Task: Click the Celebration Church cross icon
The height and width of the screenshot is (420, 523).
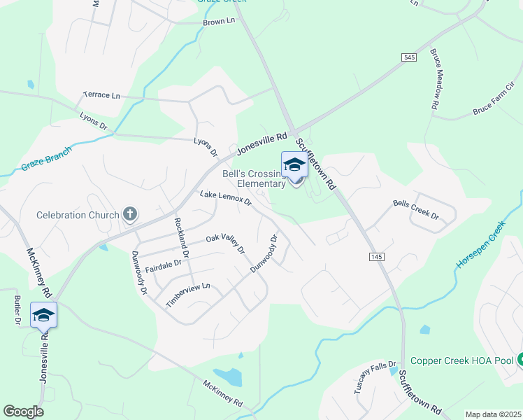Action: coord(129,214)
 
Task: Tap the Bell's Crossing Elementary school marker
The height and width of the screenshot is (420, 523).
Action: coord(294,166)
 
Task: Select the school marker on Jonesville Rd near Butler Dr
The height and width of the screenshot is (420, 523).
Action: coord(43,316)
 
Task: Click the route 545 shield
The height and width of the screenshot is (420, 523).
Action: coord(410,57)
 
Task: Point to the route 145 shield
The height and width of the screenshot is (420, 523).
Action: coord(376,258)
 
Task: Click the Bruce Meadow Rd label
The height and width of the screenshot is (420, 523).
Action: coord(434,78)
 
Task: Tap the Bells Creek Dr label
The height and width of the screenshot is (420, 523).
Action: coord(415,209)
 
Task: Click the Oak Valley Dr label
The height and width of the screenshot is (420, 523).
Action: coord(225,244)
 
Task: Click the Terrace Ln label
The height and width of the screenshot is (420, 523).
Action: coord(101,94)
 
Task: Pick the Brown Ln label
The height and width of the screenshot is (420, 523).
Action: coord(219,22)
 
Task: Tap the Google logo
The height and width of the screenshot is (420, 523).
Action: coord(23,411)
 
